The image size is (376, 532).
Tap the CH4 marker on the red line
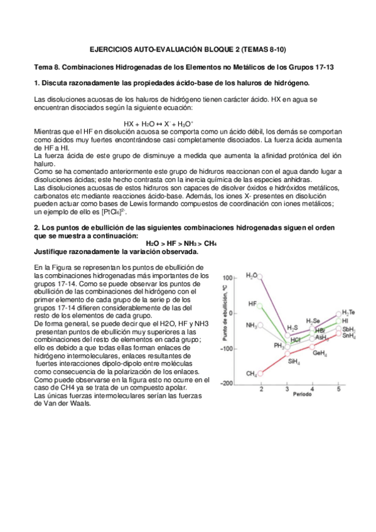(x=261, y=373)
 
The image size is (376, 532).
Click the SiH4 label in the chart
(x=293, y=361)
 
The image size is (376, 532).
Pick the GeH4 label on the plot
(x=320, y=354)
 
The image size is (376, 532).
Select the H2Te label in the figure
(x=348, y=312)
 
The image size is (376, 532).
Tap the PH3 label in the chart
(x=279, y=345)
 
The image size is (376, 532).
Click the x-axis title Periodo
(x=300, y=397)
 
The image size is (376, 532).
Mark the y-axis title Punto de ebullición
(x=223, y=312)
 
